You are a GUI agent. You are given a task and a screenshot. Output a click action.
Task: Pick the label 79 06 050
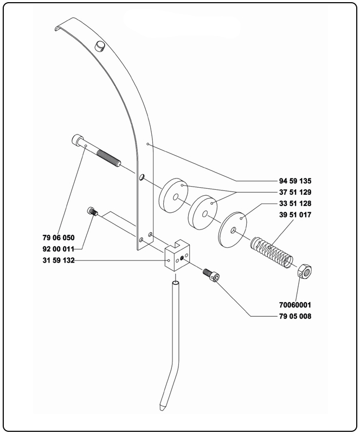(58, 237)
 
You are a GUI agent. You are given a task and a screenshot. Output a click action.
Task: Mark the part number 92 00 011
(58, 249)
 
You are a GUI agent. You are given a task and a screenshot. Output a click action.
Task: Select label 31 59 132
(58, 261)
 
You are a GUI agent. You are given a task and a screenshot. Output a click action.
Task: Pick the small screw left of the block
(92, 212)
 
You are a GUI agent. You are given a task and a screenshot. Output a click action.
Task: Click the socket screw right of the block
(211, 275)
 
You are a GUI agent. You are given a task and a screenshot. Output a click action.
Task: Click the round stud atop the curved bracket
(100, 46)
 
